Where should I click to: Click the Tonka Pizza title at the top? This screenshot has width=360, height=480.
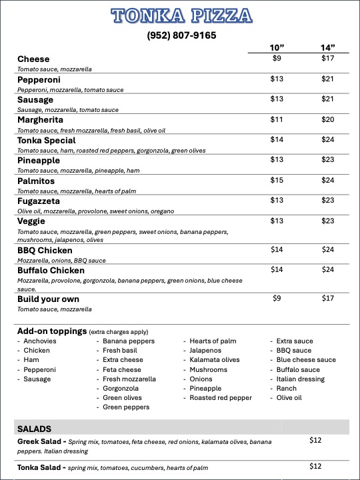(x=181, y=16)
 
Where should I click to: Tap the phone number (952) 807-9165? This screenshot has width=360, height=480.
(x=181, y=35)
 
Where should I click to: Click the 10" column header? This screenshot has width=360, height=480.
(x=277, y=47)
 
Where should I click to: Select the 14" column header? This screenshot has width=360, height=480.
(x=327, y=47)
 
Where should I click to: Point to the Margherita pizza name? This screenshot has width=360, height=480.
(x=46, y=120)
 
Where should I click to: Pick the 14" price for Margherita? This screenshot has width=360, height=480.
(x=327, y=119)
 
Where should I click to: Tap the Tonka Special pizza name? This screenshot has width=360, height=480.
(x=47, y=141)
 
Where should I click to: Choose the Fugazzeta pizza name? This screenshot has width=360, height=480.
(x=39, y=201)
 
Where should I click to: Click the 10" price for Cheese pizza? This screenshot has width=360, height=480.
(x=277, y=59)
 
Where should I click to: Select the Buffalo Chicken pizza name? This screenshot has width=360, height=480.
(x=51, y=271)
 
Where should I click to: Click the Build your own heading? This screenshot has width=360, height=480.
(x=48, y=299)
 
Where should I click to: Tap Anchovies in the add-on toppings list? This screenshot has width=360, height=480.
(x=39, y=341)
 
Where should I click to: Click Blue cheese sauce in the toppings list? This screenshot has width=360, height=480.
(x=306, y=360)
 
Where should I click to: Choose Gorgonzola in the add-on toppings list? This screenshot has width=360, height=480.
(x=122, y=388)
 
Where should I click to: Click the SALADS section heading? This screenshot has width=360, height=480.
(x=35, y=429)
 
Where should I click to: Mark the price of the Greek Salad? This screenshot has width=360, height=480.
(x=316, y=440)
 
